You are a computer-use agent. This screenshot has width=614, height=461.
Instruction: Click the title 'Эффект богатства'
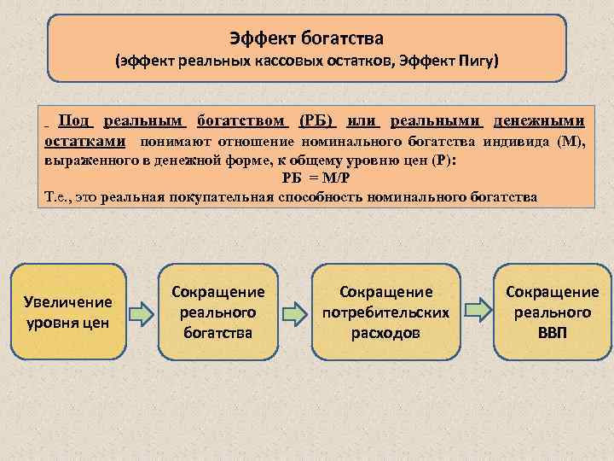307,38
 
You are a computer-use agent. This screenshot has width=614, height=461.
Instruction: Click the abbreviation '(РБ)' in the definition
318,122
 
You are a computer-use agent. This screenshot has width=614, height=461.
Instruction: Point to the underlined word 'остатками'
85,141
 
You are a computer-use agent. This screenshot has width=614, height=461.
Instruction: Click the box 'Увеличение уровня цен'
68,312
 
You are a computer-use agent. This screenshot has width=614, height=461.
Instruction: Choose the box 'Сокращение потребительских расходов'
385,312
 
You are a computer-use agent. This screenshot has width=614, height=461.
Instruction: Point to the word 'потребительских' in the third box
385,312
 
